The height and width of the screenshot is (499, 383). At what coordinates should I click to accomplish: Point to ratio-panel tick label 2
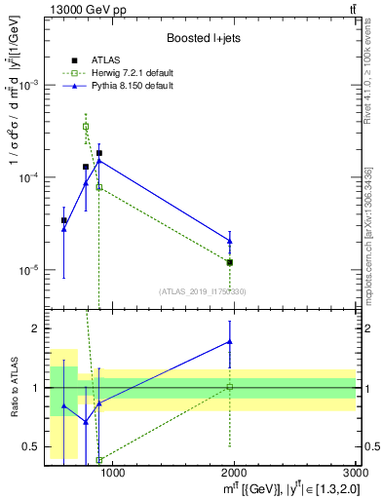(x=35, y=328)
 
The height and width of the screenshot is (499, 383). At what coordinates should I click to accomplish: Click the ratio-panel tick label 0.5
(x=30, y=447)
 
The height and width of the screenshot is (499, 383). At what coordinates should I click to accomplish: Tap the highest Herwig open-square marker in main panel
(x=86, y=127)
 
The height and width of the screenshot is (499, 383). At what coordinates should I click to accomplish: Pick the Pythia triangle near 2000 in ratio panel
(x=230, y=341)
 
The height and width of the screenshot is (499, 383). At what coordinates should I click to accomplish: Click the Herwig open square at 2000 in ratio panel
(x=230, y=387)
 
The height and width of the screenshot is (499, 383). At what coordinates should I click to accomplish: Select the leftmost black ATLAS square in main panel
(x=64, y=220)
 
